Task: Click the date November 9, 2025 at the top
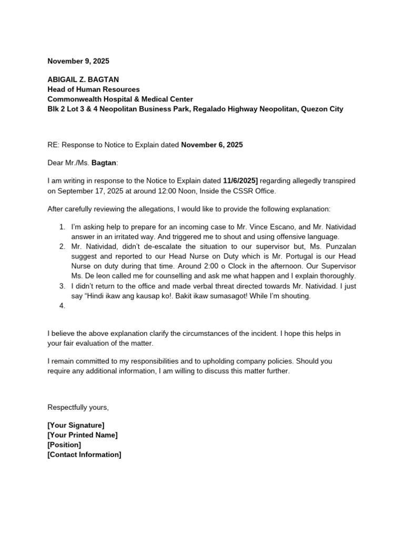tap(78, 61)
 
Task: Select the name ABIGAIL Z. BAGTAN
tap(84, 80)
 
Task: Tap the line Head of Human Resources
tap(94, 90)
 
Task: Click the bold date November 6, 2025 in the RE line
tap(212, 144)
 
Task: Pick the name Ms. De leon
tap(93, 276)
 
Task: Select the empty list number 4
tap(63, 306)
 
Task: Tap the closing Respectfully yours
tap(78, 407)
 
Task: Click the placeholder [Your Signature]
tap(76, 425)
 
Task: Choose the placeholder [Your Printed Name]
tap(83, 435)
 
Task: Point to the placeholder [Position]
tap(64, 444)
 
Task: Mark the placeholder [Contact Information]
tap(84, 454)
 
